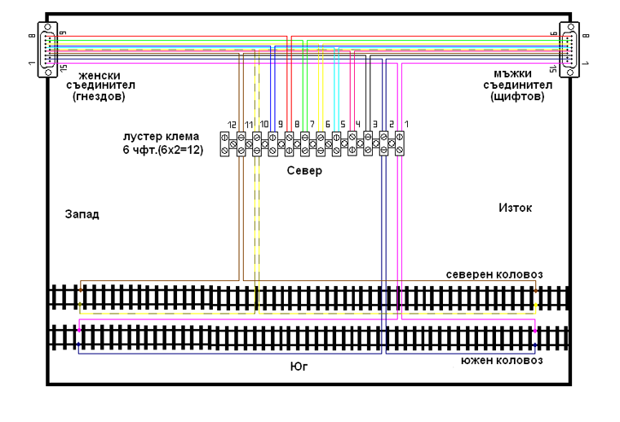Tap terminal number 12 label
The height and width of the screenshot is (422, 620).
232,124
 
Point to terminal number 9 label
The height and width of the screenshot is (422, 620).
280,124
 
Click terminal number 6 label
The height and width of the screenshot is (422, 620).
327,124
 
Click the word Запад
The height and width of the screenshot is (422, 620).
82,216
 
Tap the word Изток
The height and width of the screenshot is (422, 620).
515,208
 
